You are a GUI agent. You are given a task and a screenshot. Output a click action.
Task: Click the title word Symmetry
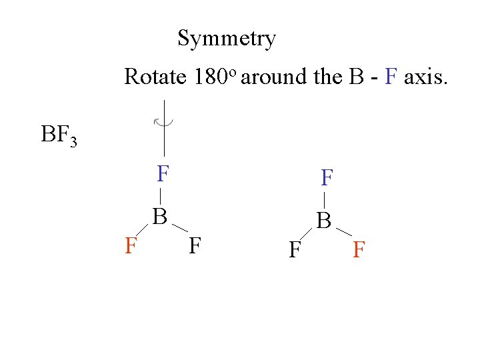(x=227, y=39)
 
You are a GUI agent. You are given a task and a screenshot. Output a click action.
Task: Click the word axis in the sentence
(x=427, y=77)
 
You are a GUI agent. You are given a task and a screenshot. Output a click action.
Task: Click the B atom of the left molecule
(x=159, y=216)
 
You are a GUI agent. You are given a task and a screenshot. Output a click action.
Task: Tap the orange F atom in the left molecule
(x=131, y=246)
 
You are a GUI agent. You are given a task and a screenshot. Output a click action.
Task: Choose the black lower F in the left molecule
(x=195, y=246)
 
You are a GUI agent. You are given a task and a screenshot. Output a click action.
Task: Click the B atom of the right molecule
(x=324, y=220)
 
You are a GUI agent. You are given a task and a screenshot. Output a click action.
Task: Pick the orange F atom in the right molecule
(x=359, y=250)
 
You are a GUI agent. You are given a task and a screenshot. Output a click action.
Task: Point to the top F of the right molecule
(x=327, y=178)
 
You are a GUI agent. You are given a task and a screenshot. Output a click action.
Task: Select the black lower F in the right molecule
(x=294, y=250)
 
